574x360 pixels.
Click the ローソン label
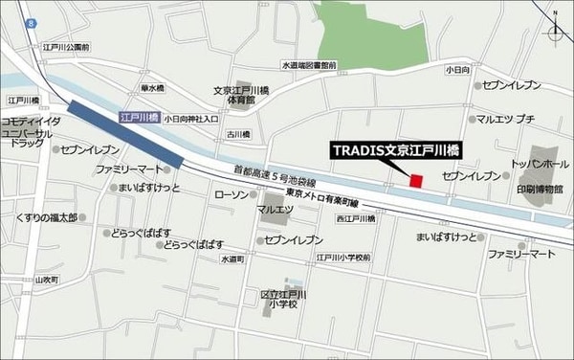coord(232,194)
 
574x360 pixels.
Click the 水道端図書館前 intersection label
coord(309,65)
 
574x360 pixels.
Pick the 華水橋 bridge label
coord(152,88)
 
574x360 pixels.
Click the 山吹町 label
coord(46,280)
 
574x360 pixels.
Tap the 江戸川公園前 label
coord(65,46)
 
